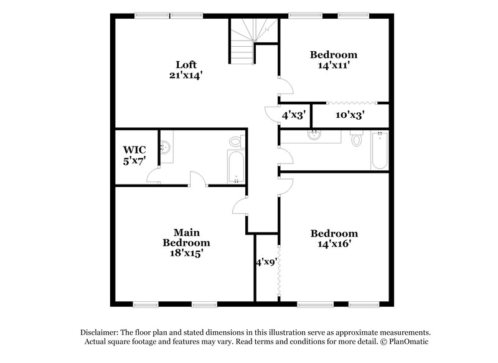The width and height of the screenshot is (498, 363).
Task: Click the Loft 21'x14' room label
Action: point(186,69)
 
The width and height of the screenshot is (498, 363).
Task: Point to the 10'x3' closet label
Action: point(349,115)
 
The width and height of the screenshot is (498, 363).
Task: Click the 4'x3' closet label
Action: point(294,115)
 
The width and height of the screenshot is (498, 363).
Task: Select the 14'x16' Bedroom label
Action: point(334,239)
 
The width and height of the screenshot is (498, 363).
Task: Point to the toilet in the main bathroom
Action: point(235,142)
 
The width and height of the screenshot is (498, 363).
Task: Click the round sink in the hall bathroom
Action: point(314,135)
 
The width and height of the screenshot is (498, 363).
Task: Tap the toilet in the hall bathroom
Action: point(357,139)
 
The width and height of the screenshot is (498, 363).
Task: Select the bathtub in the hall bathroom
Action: point(379,150)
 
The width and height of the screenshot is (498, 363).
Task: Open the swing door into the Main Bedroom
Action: point(242,206)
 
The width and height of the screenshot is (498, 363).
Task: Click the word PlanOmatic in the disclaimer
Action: point(408,342)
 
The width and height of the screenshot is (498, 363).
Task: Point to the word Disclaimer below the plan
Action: point(100,333)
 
